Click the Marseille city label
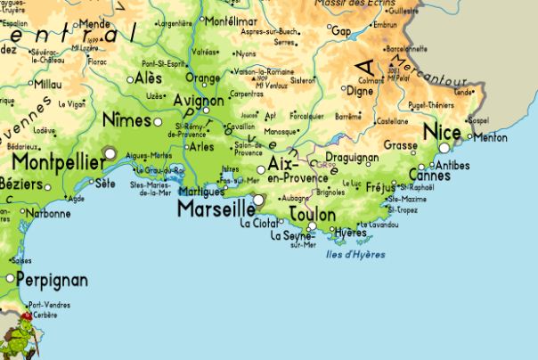[x=214, y=209]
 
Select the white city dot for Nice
[x=444, y=148]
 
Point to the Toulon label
[x=313, y=215]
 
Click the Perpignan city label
[x=53, y=280]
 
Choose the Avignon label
[x=199, y=101]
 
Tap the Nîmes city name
[x=126, y=119]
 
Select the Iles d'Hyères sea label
[x=356, y=255]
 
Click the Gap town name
[x=341, y=30]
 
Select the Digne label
[x=360, y=90]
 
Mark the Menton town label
[x=490, y=138]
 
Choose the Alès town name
[x=148, y=78]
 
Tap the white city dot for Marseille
[x=258, y=200]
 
